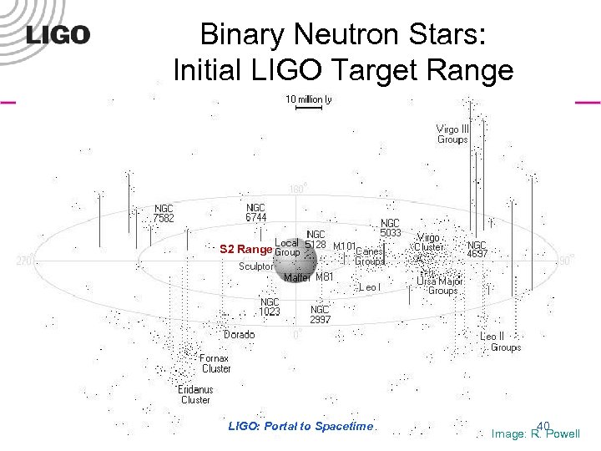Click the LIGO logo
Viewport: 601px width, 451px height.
pos(58,34)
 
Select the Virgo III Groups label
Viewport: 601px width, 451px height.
pos(453,134)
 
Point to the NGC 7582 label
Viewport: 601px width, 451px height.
pos(164,213)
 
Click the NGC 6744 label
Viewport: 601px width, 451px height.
pos(255,212)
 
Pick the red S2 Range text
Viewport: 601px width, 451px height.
pos(245,249)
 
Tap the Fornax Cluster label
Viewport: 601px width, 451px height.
pos(215,363)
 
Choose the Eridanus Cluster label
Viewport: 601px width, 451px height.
pos(195,394)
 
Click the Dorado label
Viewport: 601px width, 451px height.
pos(240,334)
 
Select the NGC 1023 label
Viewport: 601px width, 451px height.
pos(270,307)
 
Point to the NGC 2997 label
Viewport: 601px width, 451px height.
pos(321,314)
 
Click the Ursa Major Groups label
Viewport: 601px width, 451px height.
pos(440,286)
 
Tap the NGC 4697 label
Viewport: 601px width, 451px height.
pos(477,249)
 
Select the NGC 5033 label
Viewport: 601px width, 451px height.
pos(391,228)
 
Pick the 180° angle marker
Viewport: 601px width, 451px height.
pos(296,189)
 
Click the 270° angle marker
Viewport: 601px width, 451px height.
pos(24,261)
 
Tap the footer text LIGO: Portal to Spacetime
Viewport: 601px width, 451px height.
pos(300,426)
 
